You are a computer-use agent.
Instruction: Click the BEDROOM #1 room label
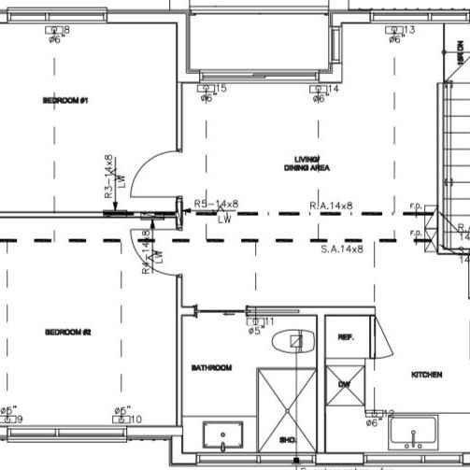pos(64,100)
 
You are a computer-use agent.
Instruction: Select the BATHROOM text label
pos(211,367)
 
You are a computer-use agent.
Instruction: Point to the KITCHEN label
pos(426,375)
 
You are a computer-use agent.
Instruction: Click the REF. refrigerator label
pos(345,337)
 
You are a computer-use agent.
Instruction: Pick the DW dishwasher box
pos(344,384)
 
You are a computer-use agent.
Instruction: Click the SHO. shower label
pos(289,440)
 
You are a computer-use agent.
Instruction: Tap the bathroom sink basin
pos(223,434)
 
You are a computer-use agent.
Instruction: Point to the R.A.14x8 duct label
pos(331,206)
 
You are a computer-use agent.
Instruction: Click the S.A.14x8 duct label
pos(341,249)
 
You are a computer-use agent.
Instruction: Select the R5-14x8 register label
pos(216,204)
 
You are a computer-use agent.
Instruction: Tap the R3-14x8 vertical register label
pos(108,178)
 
